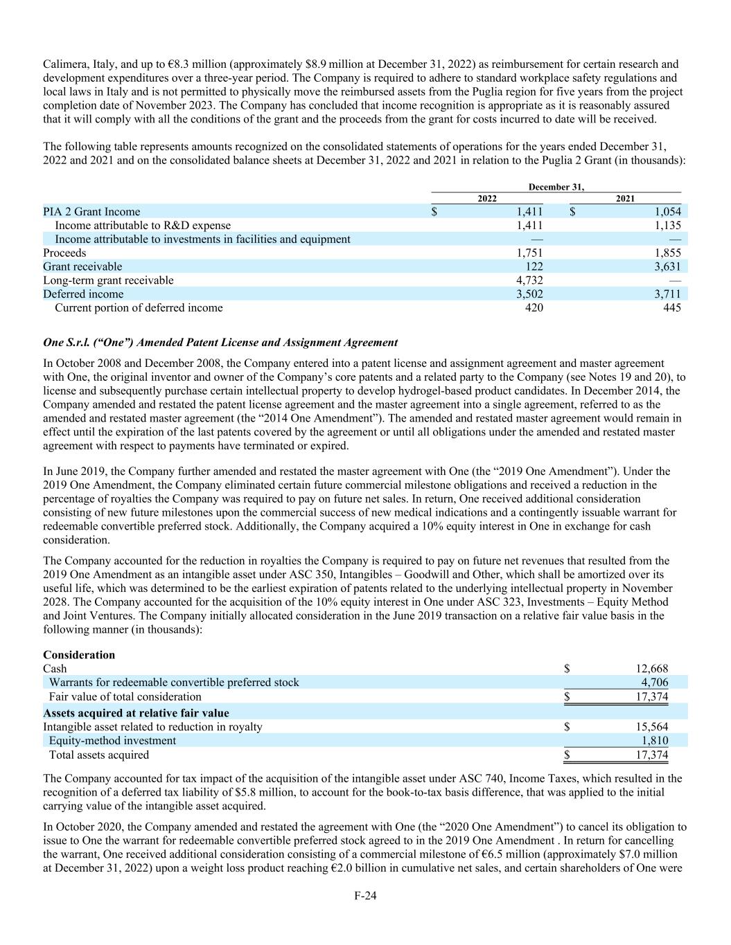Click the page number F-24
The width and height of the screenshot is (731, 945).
(x=365, y=895)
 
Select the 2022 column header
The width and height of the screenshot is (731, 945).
(x=487, y=199)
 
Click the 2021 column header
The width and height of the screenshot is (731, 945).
(x=625, y=199)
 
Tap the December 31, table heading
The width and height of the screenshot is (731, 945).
(x=556, y=187)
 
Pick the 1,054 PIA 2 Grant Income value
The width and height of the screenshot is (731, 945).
(x=667, y=212)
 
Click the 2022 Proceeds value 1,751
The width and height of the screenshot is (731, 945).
(x=529, y=253)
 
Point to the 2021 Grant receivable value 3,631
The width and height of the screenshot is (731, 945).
(x=667, y=267)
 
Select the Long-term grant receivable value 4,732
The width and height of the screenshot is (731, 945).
(x=529, y=280)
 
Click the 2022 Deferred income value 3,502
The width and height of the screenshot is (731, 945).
(x=529, y=294)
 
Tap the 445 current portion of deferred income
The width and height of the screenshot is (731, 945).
(x=671, y=307)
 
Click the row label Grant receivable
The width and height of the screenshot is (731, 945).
(x=82, y=267)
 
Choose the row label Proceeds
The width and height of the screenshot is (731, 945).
(x=64, y=253)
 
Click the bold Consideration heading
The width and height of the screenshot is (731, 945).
(x=79, y=655)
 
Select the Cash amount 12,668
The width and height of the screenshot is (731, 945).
(x=651, y=669)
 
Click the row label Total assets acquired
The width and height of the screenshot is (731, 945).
(x=98, y=755)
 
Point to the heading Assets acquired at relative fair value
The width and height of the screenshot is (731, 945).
(x=136, y=713)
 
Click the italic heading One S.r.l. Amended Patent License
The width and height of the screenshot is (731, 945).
(x=220, y=343)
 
